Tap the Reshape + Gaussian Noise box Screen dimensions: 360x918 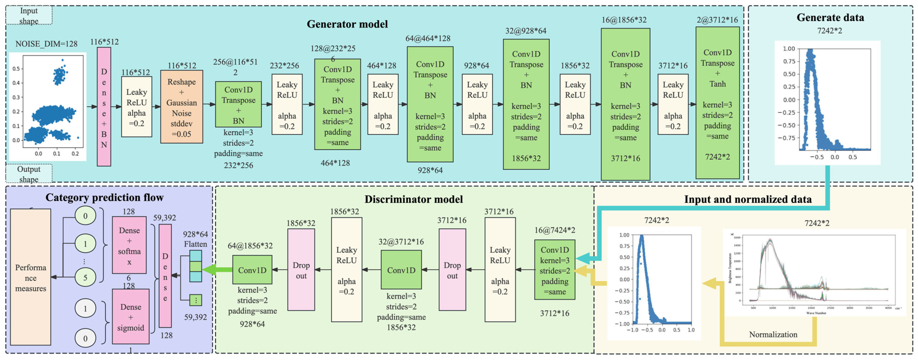[x=181, y=107]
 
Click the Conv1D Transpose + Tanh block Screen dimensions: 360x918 [x=717, y=103]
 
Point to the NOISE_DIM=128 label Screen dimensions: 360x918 [x=46, y=44]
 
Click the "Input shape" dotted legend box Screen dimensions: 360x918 [x=29, y=16]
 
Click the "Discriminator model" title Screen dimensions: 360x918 [x=413, y=199]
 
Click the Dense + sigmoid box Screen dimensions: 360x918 [x=130, y=317]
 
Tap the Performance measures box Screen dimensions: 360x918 [x=31, y=277]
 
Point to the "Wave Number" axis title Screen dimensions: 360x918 [x=816, y=313]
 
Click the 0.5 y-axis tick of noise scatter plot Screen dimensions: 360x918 [x=16, y=69]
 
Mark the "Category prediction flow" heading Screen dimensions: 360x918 [x=104, y=197]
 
